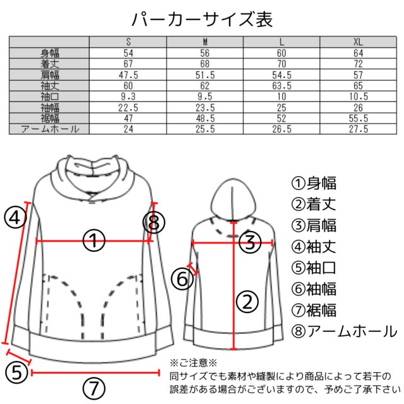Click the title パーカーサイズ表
click(x=202, y=20)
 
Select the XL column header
click(x=358, y=42)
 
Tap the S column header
click(x=128, y=42)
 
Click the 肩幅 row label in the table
click(x=50, y=75)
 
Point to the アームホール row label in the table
click(x=50, y=129)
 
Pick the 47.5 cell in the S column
click(x=128, y=75)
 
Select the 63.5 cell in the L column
click(x=282, y=86)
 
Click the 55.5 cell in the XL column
click(x=359, y=118)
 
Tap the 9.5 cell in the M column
click(x=205, y=97)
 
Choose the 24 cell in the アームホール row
click(x=128, y=129)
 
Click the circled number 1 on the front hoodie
click(x=94, y=241)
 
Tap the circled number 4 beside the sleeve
click(x=15, y=218)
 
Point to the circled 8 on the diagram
click(x=154, y=222)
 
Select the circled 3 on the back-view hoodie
click(x=250, y=242)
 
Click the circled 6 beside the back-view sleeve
click(x=182, y=279)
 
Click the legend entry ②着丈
click(x=314, y=205)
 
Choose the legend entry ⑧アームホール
click(x=344, y=331)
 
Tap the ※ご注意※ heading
click(x=193, y=363)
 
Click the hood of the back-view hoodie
click(x=234, y=199)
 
